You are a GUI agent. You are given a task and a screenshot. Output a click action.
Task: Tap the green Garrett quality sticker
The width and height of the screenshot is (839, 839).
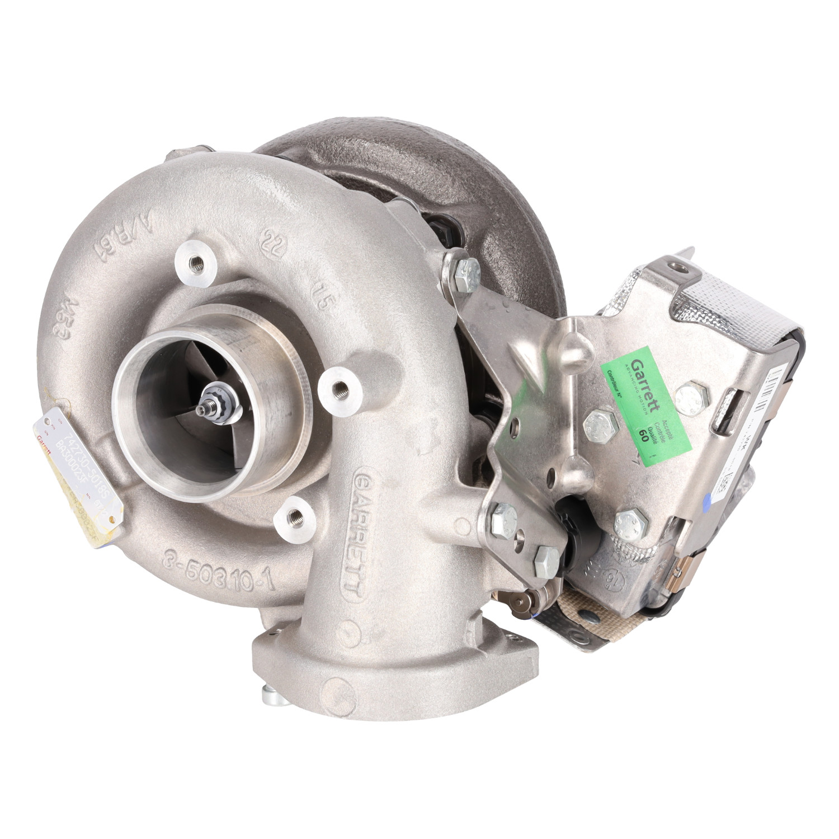tap(645, 405)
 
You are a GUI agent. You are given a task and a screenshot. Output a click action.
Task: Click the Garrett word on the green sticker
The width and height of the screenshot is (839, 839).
tap(649, 380)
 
